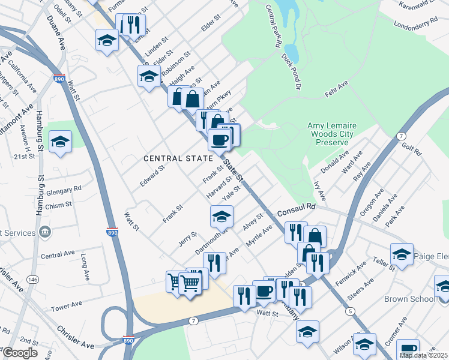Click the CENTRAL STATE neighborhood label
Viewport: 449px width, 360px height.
[178, 158]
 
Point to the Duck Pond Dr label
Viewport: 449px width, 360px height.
[290, 71]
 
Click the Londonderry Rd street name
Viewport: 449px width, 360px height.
[415, 23]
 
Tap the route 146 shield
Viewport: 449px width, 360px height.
[32, 280]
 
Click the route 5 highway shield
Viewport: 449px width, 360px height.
[349, 310]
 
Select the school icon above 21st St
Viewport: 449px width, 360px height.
[60, 142]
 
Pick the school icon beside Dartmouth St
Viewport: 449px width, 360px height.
[221, 215]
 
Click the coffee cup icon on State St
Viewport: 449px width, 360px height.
[219, 140]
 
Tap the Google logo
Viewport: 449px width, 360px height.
[20, 353]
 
